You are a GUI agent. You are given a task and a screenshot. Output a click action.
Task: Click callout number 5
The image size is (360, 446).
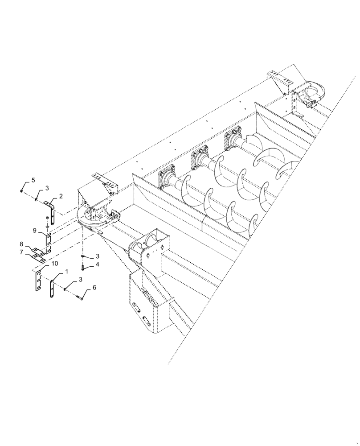tap(33, 180)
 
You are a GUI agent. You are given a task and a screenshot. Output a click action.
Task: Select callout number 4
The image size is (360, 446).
tap(97, 264)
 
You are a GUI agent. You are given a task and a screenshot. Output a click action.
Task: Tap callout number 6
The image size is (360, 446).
tap(94, 289)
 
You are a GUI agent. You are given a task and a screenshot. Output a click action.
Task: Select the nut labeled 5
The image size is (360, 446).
tap(22, 190)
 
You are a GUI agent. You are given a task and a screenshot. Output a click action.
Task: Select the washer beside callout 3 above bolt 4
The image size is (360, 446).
tap(83, 256)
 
